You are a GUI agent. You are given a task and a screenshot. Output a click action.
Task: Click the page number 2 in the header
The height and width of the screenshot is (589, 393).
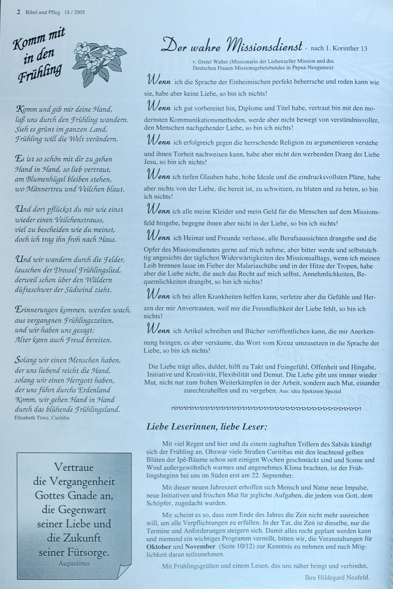[18, 12]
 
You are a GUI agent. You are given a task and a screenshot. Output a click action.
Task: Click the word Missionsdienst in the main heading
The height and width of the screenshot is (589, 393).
[263, 45]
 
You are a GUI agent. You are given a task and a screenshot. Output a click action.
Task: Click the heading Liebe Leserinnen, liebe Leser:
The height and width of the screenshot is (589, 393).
[207, 427]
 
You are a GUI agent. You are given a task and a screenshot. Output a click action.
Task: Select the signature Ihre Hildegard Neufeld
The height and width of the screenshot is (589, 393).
[337, 577]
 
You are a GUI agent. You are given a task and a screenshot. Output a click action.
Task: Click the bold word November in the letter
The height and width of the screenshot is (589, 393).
[200, 547]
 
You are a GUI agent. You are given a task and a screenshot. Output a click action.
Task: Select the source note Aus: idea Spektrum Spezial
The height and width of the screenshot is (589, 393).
[310, 391]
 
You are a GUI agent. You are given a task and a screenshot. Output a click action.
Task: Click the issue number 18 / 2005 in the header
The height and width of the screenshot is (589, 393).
[75, 12]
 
